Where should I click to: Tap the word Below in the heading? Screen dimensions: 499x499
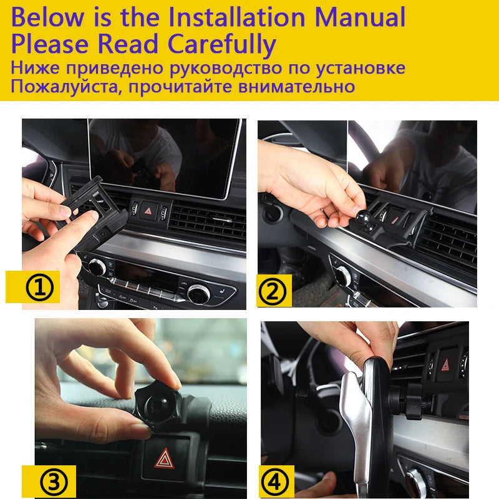[x=47, y=17]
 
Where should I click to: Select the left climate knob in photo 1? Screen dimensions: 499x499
[x=97, y=267]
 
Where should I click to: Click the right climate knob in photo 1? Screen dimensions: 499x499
[x=198, y=293]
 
